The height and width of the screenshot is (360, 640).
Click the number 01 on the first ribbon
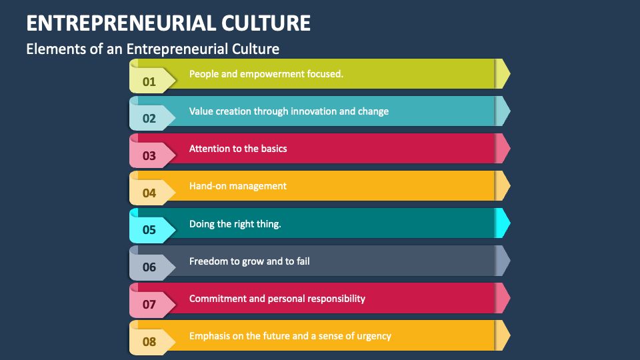[x=149, y=82]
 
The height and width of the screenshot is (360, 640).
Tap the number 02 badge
[x=149, y=119]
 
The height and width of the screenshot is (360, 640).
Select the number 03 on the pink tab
[x=149, y=157]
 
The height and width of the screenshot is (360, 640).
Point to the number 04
[x=149, y=194]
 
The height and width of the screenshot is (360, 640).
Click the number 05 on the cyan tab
[x=149, y=231]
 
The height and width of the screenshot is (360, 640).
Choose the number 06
[x=149, y=268]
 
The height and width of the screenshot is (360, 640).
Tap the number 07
[x=149, y=305]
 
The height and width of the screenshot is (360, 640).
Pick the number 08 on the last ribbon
[x=149, y=343]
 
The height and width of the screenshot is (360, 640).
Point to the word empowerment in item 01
[x=274, y=74]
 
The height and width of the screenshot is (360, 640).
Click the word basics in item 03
[x=272, y=149]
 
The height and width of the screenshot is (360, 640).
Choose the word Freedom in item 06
[x=207, y=261]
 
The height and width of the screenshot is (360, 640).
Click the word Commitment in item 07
[x=217, y=299]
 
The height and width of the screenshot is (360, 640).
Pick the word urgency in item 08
[x=375, y=336]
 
